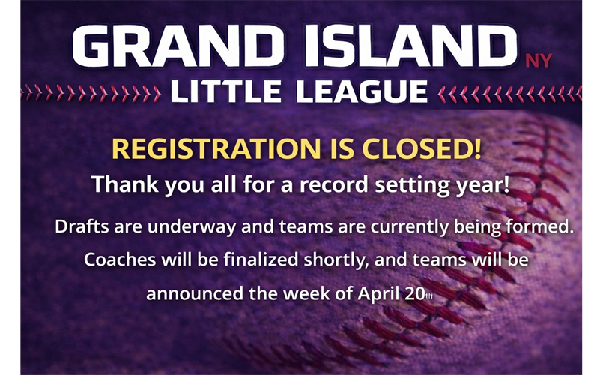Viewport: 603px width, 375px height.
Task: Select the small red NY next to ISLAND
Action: click(538, 61)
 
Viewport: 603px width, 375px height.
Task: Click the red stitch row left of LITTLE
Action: click(90, 93)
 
